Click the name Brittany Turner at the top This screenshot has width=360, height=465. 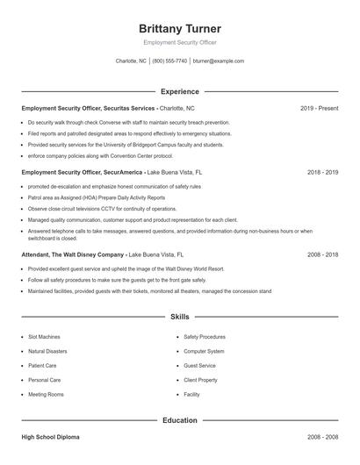[x=180, y=28]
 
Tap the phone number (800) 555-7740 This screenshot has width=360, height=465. [x=169, y=61]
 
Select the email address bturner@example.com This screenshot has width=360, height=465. [x=219, y=61]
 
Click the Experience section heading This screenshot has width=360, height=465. [x=180, y=91]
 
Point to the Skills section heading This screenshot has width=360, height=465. [x=180, y=316]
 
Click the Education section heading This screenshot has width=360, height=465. [x=180, y=420]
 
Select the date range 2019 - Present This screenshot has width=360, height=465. [x=319, y=108]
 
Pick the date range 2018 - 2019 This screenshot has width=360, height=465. [x=322, y=173]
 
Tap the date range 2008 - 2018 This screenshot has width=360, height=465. [x=322, y=254]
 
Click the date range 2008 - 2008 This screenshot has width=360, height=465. [x=322, y=436]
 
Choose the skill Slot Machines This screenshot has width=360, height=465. [x=44, y=336]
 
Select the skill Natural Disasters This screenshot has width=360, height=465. [x=47, y=351]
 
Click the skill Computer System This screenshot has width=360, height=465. [x=204, y=351]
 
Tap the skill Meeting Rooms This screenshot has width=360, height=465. [x=46, y=395]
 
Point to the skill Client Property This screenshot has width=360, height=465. [x=201, y=380]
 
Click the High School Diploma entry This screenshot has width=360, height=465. [x=51, y=436]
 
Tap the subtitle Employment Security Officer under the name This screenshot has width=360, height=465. [x=180, y=42]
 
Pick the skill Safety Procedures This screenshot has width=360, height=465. [x=205, y=336]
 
